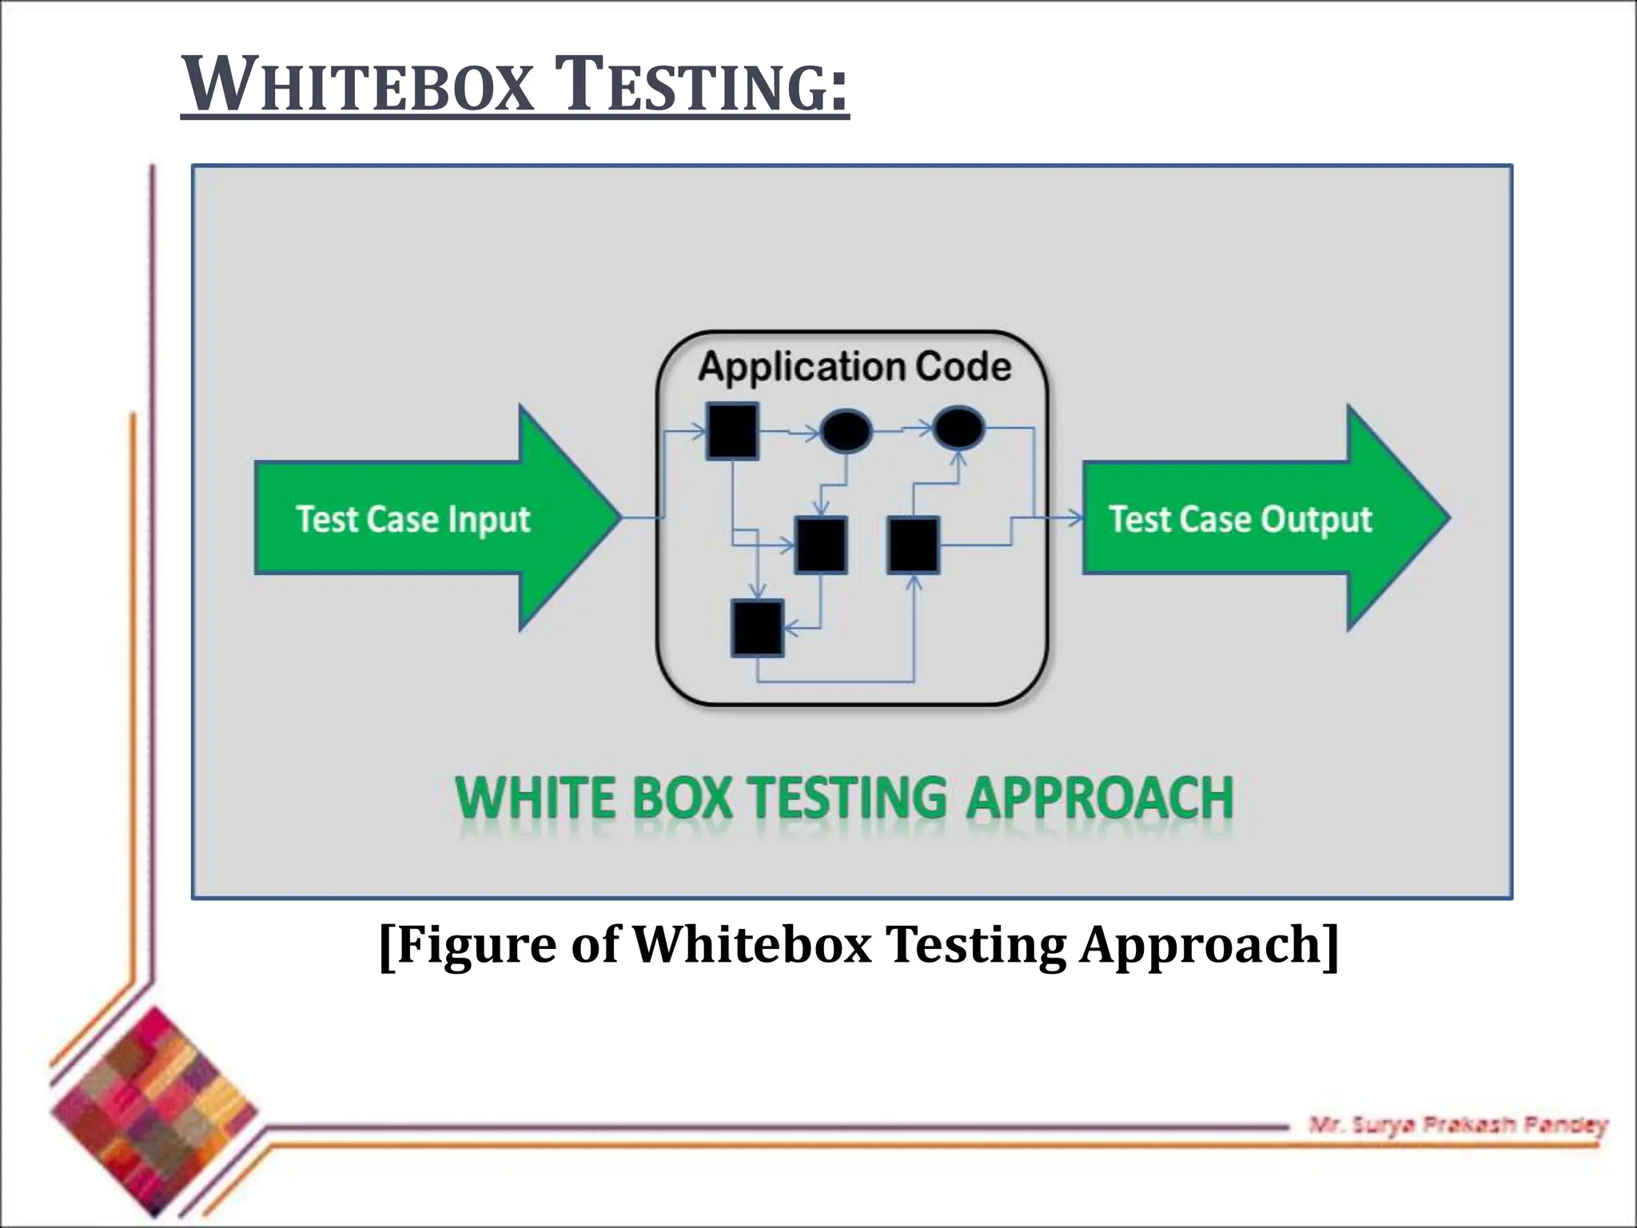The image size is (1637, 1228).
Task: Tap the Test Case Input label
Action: point(412,520)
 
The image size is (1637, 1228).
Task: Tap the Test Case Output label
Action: point(1240,520)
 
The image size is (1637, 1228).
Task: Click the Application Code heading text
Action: point(854,367)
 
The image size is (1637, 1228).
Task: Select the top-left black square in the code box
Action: point(732,432)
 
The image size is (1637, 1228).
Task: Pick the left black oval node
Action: point(846,431)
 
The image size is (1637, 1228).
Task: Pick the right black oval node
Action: point(958,428)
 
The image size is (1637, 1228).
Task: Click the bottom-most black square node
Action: point(757,629)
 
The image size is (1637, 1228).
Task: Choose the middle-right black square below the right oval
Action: point(914,545)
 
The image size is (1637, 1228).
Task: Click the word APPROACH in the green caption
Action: point(1100,798)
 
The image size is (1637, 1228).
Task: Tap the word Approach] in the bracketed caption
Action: point(1208,945)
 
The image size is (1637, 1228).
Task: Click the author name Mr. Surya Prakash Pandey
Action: point(1457,1126)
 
